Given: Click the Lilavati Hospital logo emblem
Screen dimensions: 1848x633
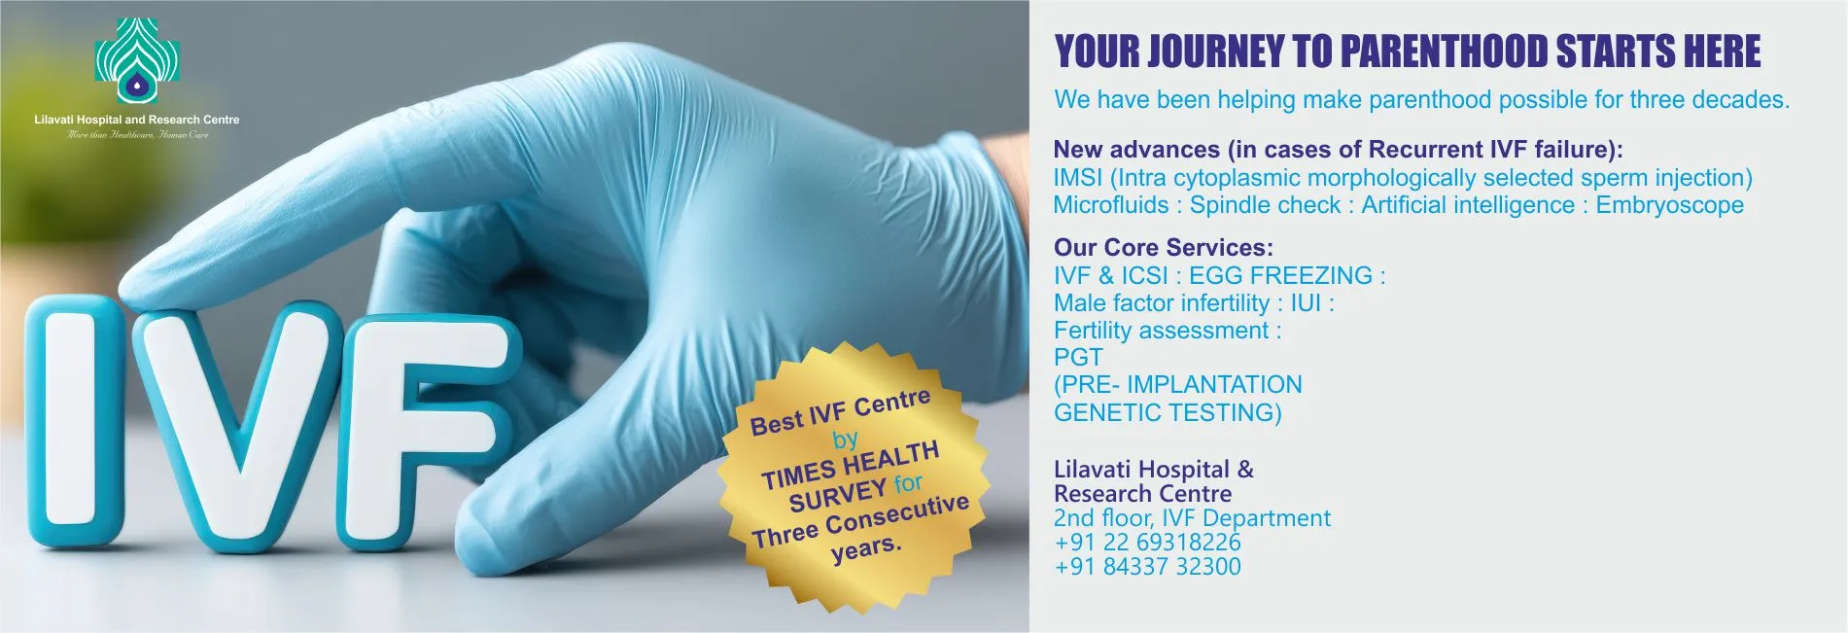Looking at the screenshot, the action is pos(137,61).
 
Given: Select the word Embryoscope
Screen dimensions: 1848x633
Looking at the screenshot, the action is pos(1669,205).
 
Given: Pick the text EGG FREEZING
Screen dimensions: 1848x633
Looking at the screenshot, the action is pos(1280,275).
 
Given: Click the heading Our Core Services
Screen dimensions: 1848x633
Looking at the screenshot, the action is pos(1163,247).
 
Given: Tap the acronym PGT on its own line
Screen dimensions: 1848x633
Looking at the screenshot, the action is pos(1078,357).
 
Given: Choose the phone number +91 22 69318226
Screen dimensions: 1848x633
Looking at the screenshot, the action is pos(1147,542).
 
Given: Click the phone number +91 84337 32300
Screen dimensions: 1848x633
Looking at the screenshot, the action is pos(1147,566).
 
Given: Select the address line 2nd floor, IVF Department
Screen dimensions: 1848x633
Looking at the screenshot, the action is pos(1192,518).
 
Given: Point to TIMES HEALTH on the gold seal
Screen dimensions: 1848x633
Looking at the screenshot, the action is pos(851,465).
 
